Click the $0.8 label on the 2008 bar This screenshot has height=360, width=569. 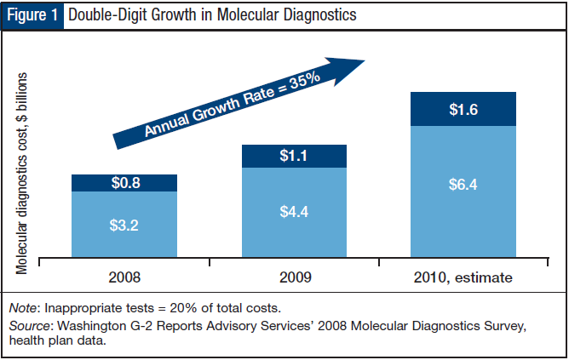click(124, 182)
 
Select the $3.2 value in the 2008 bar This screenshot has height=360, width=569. click(124, 226)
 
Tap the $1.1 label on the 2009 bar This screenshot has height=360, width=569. click(294, 156)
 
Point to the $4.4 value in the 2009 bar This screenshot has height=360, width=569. click(294, 211)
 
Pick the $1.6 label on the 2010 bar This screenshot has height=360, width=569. click(463, 108)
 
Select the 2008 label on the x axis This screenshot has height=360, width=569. click(124, 277)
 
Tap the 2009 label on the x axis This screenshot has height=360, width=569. click(294, 277)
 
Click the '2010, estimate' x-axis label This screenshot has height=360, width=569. click(464, 277)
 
